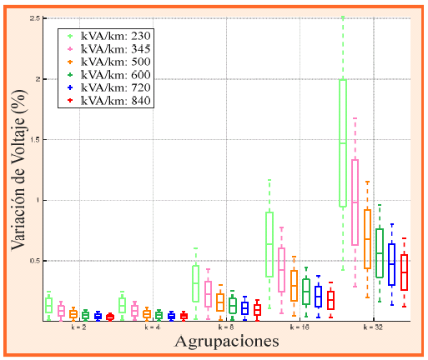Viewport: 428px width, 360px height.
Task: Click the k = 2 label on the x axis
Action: pos(78,327)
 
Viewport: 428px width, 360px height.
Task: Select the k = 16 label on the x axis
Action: pos(300,327)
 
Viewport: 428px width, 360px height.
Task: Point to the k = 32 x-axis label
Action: pos(374,327)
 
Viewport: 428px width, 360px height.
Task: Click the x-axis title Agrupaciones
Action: pos(226,342)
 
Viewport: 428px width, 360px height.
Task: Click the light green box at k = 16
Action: pos(269,244)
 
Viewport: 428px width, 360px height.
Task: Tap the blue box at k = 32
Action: pos(392,264)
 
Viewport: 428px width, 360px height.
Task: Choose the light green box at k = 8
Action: pos(195,283)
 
